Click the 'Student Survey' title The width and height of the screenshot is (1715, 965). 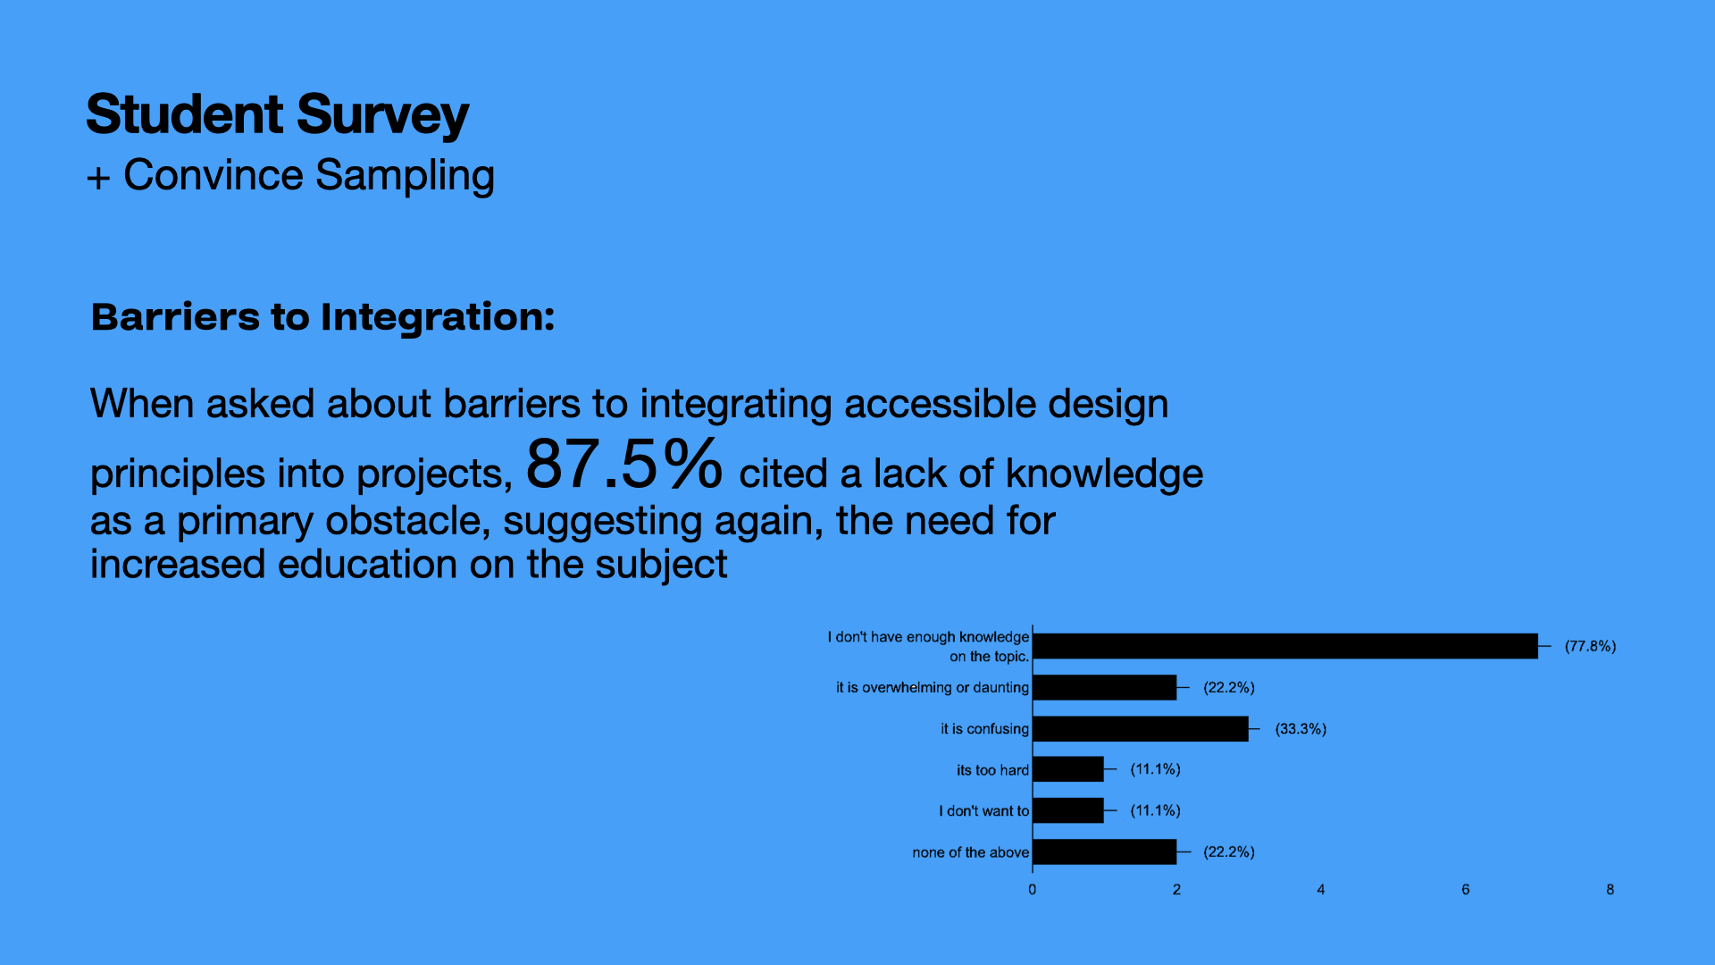278,115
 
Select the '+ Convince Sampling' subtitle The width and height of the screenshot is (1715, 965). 290,175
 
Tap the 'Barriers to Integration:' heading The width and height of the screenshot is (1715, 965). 322,317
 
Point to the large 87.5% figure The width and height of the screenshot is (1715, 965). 623,464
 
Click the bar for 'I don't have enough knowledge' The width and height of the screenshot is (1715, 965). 1285,646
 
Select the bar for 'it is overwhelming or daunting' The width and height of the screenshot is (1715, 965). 1105,687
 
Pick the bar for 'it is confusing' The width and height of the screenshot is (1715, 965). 1141,729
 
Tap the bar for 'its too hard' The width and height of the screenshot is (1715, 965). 1068,769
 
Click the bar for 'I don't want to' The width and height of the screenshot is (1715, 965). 1068,810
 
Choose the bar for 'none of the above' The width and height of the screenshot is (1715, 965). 1105,852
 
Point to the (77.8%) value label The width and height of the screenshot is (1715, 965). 1590,646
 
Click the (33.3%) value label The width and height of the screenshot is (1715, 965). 1301,729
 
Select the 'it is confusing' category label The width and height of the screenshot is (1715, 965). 984,729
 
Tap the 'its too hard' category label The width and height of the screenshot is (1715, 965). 992,770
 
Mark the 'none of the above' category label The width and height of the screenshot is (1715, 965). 970,852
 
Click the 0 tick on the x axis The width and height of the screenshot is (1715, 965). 1033,890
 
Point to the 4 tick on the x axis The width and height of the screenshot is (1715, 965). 1321,890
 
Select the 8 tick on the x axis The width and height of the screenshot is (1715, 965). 1610,890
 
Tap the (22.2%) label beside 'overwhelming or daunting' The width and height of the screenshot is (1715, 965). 1229,687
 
